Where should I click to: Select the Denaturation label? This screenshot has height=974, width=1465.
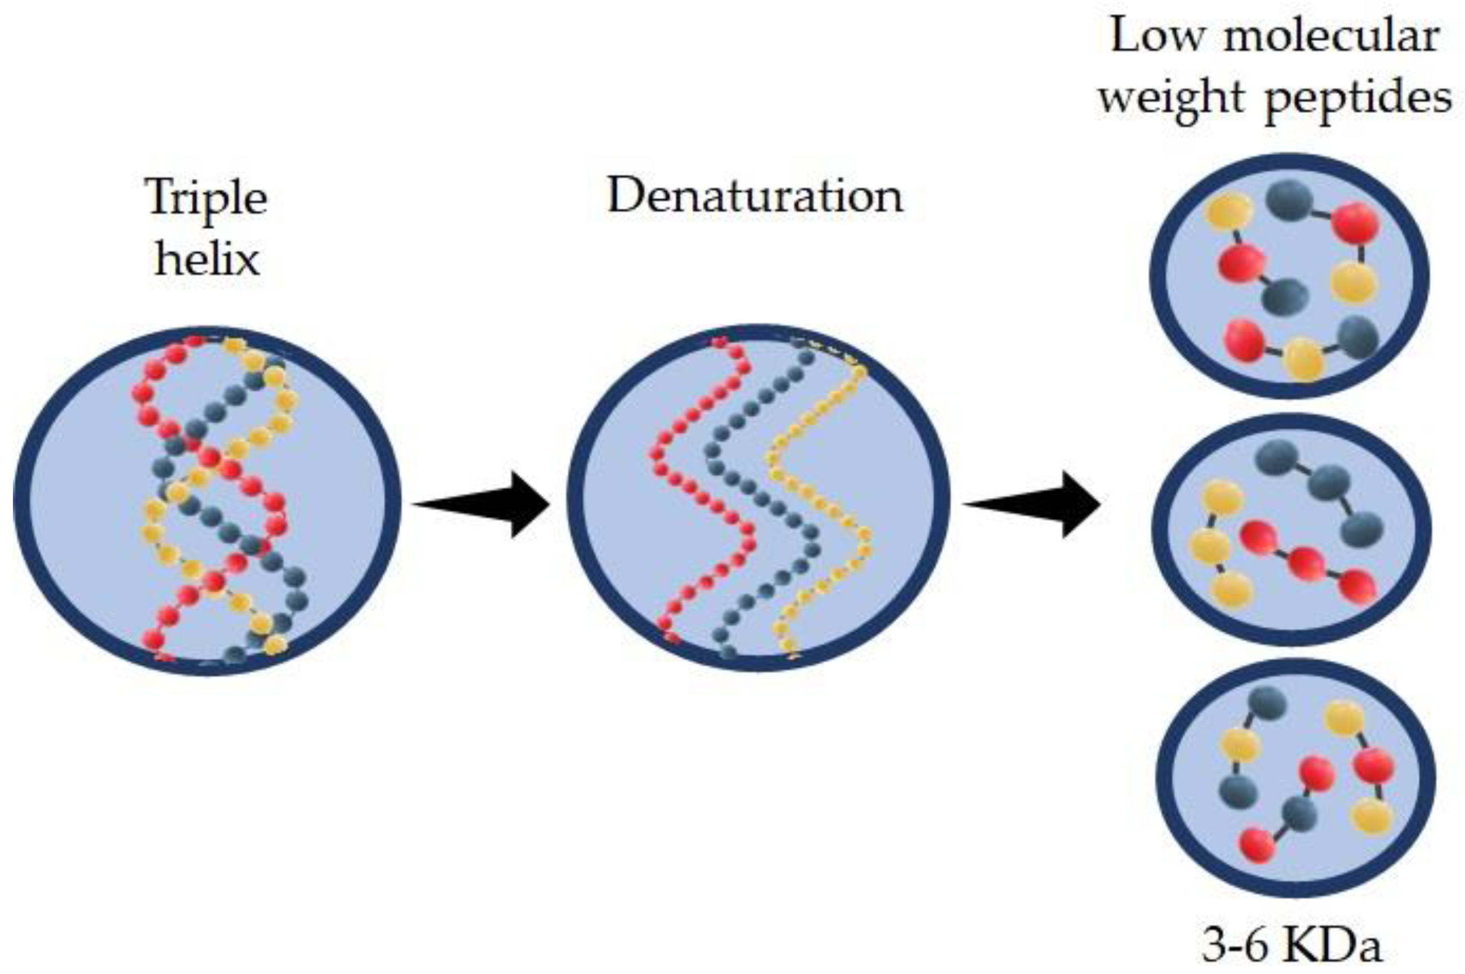[x=755, y=196]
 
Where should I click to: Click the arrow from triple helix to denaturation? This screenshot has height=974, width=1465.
[x=482, y=504]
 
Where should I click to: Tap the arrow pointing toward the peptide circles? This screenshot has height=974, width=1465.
[x=1032, y=504]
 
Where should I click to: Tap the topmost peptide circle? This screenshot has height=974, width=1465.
[x=1289, y=276]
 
